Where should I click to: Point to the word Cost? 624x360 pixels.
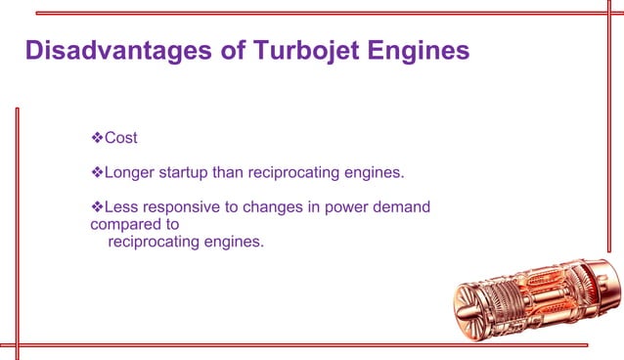(120, 138)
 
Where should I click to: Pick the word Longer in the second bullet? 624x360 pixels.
(129, 173)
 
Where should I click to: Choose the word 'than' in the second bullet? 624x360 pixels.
(234, 173)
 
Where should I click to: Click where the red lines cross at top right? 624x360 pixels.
(596, 14)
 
